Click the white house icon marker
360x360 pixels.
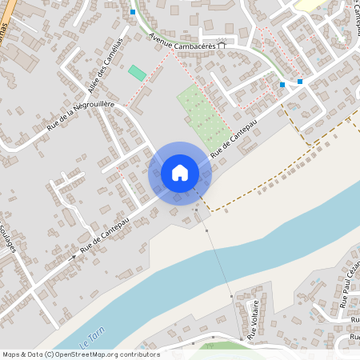[x=180, y=173]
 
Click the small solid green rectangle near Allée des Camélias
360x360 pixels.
[x=137, y=73]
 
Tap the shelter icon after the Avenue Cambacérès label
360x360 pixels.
[x=222, y=46]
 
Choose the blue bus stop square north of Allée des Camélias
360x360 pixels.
[x=133, y=12]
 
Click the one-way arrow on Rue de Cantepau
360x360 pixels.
[x=74, y=257]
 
